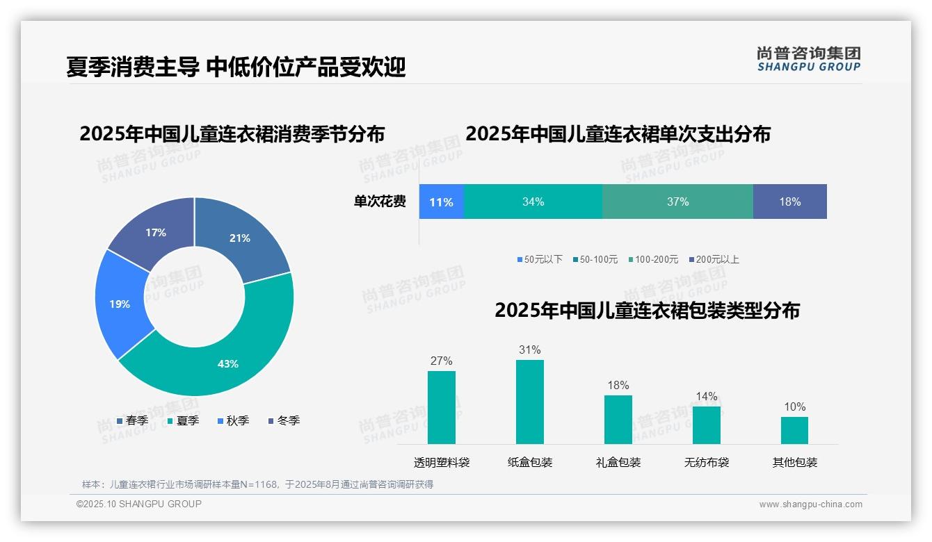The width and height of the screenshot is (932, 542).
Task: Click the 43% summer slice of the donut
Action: click(227, 363)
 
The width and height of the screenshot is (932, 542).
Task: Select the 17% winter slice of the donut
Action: click(156, 233)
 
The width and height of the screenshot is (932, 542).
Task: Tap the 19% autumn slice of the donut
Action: click(120, 304)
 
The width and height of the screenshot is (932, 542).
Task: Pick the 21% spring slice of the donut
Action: click(240, 238)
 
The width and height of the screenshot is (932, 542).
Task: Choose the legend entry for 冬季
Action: click(284, 420)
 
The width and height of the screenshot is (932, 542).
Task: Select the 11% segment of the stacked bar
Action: click(441, 202)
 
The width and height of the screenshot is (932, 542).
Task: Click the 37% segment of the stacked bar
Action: click(677, 202)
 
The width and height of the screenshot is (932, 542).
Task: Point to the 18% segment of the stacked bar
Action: click(789, 202)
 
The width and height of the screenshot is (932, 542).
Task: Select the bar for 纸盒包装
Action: click(530, 402)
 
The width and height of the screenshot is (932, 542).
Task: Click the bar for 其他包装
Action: click(794, 430)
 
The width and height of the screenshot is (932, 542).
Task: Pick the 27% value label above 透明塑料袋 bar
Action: click(442, 361)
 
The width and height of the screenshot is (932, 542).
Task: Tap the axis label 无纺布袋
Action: click(707, 462)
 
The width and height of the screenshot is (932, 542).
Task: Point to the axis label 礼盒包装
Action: click(618, 462)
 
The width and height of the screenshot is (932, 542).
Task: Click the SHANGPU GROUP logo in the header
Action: click(809, 59)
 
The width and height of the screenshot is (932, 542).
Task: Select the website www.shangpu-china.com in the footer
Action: click(810, 504)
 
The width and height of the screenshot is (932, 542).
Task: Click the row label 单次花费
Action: click(380, 202)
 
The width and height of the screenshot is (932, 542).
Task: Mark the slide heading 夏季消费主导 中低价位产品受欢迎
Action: click(236, 67)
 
